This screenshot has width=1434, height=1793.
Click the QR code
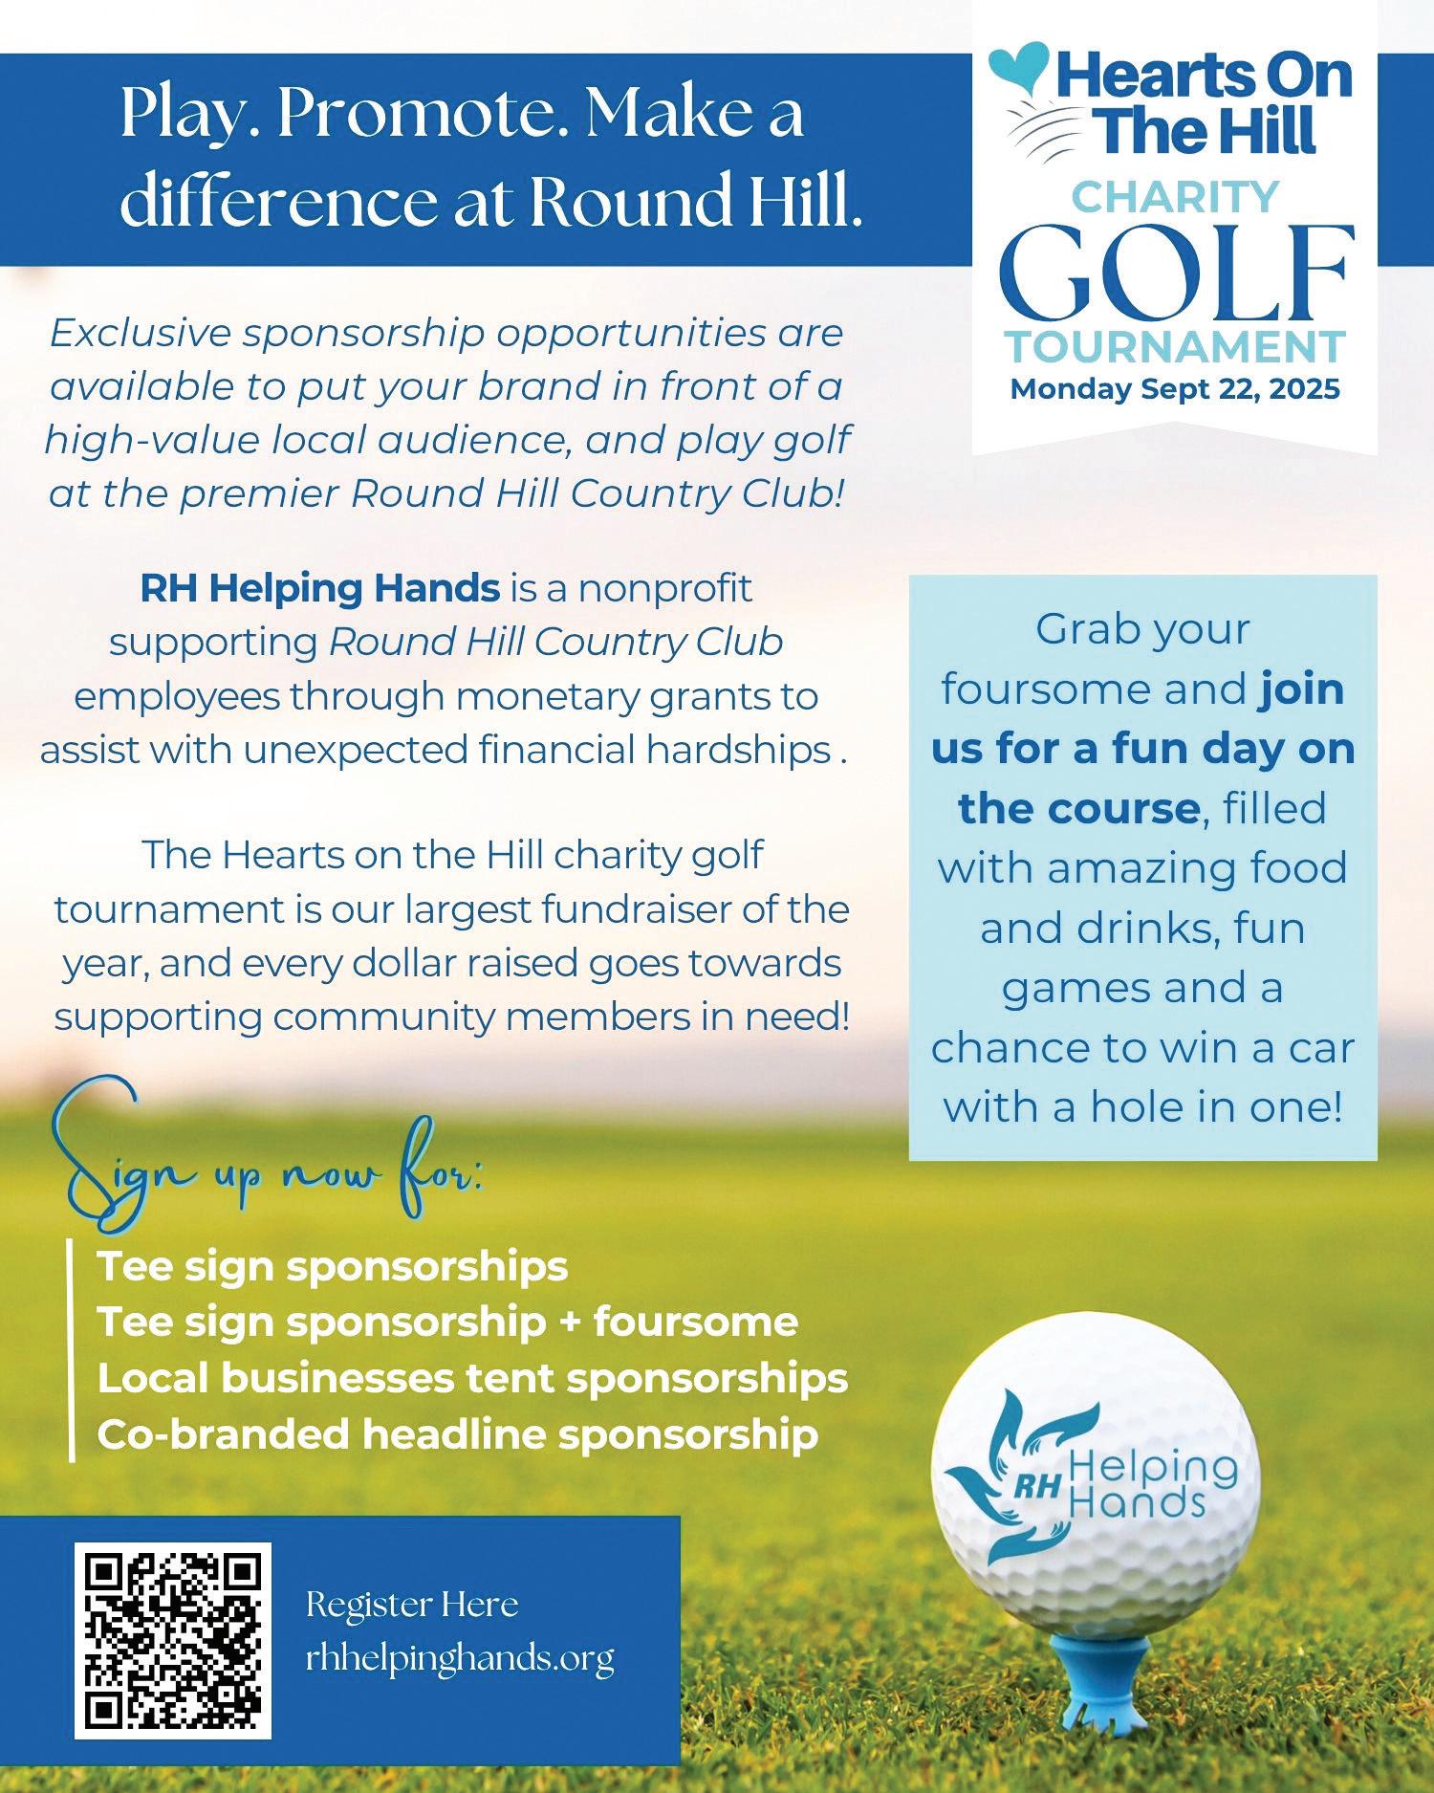(x=173, y=1640)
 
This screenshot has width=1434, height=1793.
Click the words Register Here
(x=412, y=1604)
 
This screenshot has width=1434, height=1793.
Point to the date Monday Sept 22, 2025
(x=1176, y=390)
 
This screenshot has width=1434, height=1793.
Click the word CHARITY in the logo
(x=1176, y=197)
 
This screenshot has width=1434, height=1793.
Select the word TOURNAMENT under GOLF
(x=1176, y=345)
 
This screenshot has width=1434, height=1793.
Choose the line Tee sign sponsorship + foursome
(x=447, y=1323)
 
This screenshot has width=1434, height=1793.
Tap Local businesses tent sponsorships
(x=472, y=1378)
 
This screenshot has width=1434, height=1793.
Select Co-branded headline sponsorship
(x=457, y=1434)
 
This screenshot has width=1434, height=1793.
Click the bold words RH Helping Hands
(x=319, y=587)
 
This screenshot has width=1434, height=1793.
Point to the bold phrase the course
(x=1078, y=808)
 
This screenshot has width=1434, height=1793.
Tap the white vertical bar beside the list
(x=72, y=1349)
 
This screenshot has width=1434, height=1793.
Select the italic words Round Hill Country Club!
(x=598, y=493)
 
